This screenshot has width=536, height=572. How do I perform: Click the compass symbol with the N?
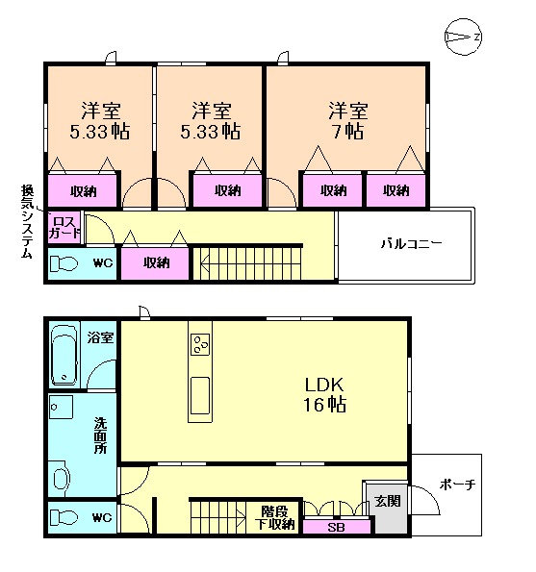pyautogui.click(x=463, y=37)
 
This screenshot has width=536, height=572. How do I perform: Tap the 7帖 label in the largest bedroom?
pyautogui.click(x=348, y=131)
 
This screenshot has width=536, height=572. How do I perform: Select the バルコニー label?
pyautogui.click(x=411, y=243)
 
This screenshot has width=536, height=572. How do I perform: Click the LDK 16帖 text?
pyautogui.click(x=324, y=394)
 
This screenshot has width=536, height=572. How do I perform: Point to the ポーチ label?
pyautogui.click(x=457, y=485)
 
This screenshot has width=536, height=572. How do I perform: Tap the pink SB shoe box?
pyautogui.click(x=337, y=527)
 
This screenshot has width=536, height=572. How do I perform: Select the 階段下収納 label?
pyautogui.click(x=274, y=517)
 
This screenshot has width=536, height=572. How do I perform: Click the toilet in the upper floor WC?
pyautogui.click(x=64, y=263)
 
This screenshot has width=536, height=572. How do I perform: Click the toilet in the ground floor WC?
pyautogui.click(x=64, y=517)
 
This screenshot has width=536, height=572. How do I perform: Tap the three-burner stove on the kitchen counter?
pyautogui.click(x=200, y=345)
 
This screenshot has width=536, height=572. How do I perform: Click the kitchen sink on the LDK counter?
pyautogui.click(x=200, y=396)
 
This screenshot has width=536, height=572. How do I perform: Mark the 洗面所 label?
pyautogui.click(x=100, y=435)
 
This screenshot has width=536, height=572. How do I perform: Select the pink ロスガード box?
pyautogui.click(x=64, y=227)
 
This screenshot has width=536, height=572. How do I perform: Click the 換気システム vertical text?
pyautogui.click(x=27, y=221)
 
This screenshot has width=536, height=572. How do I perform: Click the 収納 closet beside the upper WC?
pyautogui.click(x=155, y=262)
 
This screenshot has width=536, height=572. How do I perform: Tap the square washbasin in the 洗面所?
pyautogui.click(x=61, y=407)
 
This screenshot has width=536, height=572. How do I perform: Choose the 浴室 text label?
pyautogui.click(x=100, y=337)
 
